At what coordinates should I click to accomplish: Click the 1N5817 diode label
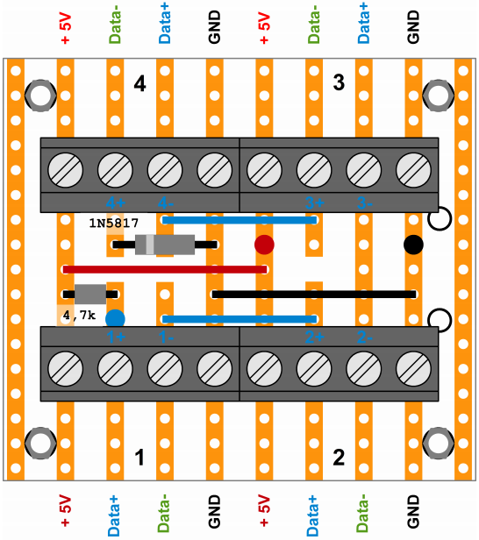coord(114,224)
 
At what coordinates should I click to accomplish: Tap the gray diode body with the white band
coord(164,245)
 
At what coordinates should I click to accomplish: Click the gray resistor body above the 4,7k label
coord(90,294)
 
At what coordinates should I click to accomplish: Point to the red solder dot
coord(264,245)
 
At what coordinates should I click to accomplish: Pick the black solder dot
coord(412,245)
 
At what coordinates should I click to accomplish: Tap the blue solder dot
coord(115,318)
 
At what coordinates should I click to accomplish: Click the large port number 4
coord(139,84)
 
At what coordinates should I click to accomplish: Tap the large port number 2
coord(339,457)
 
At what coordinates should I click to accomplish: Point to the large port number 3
coord(339,84)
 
